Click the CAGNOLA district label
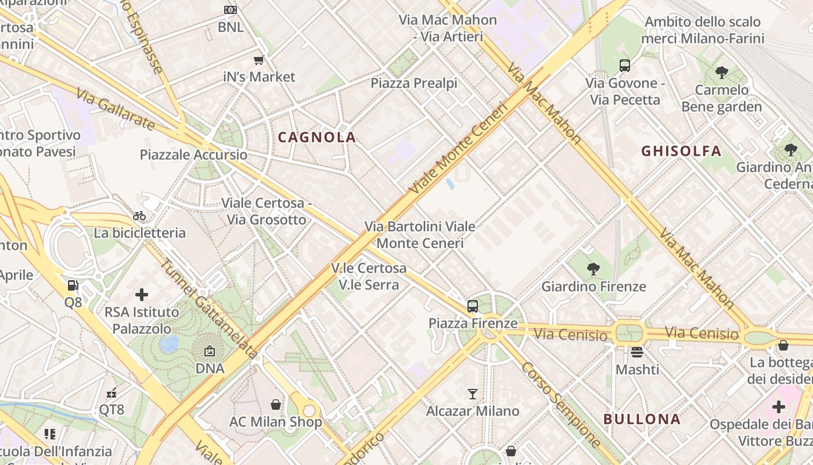[316, 137]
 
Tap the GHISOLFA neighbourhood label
[681, 151]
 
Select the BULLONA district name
[642, 419]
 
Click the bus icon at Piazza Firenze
[473, 306]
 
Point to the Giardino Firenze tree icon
[593, 269]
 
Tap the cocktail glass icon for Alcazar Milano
[473, 394]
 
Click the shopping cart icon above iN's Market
[259, 60]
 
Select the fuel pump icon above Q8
[73, 285]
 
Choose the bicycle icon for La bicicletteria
[139, 216]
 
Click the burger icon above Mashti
[637, 352]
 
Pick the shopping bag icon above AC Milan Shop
[276, 404]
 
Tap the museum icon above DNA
[210, 351]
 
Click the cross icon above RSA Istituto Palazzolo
[142, 295]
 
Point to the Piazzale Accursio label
[193, 155]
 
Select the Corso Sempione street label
[561, 405]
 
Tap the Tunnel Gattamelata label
[209, 307]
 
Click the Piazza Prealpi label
[414, 83]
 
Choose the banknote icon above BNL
[231, 10]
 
